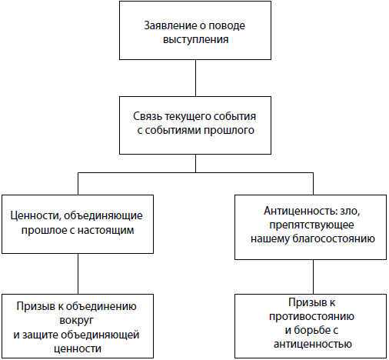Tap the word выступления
click(195, 40)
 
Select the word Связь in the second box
click(148, 116)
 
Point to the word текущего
click(188, 117)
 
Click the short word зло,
click(350, 211)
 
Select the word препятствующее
click(311, 225)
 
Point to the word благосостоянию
click(334, 238)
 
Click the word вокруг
click(76, 321)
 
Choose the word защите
click(40, 335)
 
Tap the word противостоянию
click(311, 316)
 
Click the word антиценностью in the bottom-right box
click(313, 344)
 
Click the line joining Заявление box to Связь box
click(195, 78)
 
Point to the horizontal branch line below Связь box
click(195, 172)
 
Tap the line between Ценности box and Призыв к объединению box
click(78, 274)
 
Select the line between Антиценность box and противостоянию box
click(313, 277)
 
